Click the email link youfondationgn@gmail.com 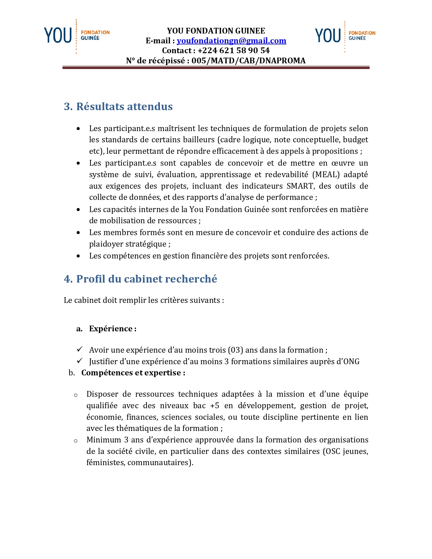pos(231,41)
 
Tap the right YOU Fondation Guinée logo pos(345,36)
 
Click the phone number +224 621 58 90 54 pos(233,51)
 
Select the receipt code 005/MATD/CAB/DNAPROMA pos(248,61)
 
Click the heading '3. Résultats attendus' pos(118,106)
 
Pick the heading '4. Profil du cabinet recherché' pos(140,279)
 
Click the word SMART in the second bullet pos(300,186)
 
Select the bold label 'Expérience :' pos(112,329)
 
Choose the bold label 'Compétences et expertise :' pos(133,373)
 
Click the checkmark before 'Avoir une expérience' pos(80,349)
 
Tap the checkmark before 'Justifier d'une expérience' pos(80,361)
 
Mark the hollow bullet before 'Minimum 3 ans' pos(76,441)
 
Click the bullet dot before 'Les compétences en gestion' pos(79,256)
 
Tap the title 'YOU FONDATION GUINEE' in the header pos(216,31)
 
